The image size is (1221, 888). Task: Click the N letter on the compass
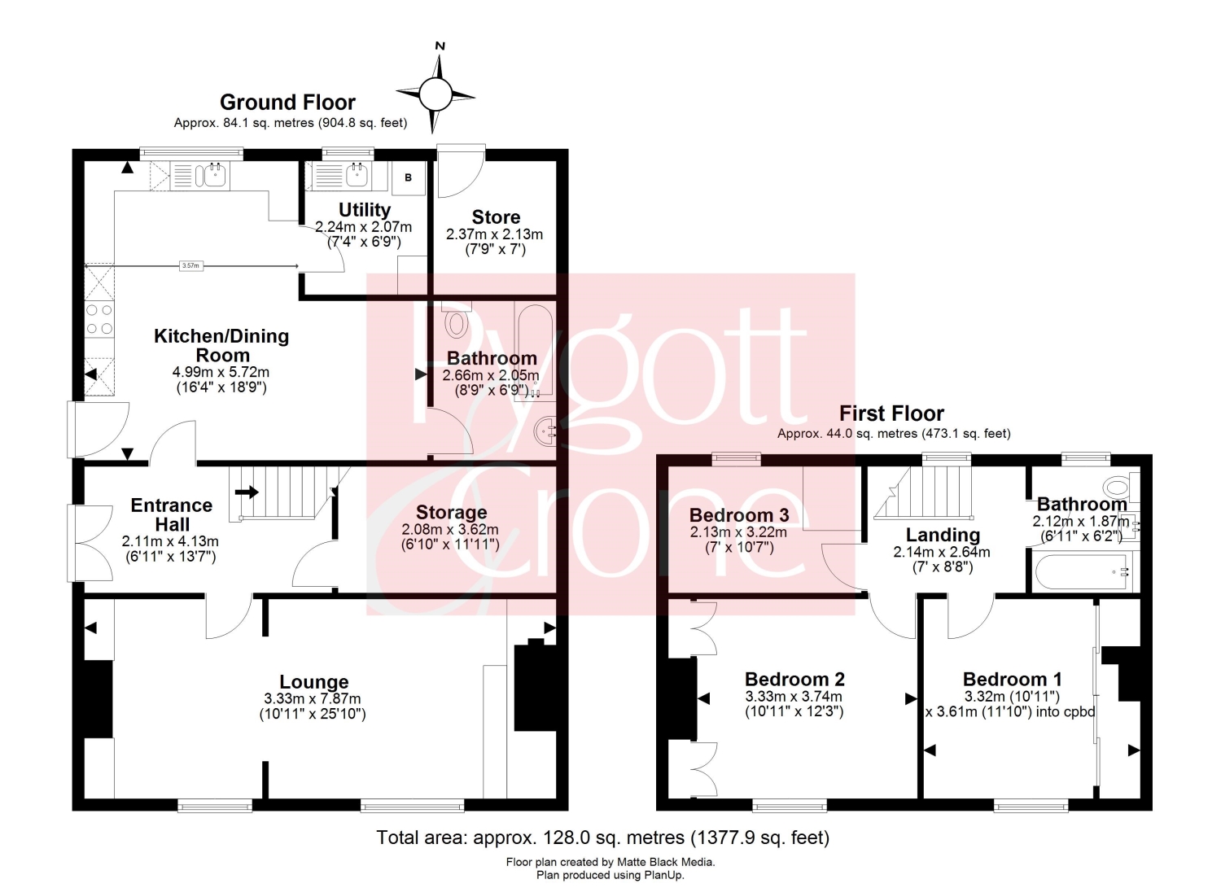click(440, 46)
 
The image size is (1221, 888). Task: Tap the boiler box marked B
click(409, 177)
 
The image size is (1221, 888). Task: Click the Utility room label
click(364, 210)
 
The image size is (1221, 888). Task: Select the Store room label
click(496, 217)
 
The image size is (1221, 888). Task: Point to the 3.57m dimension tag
click(190, 266)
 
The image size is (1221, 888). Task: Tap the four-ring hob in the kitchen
click(99, 319)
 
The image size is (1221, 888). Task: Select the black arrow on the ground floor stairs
click(247, 492)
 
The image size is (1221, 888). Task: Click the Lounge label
click(314, 682)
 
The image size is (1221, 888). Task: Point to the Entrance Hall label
click(172, 514)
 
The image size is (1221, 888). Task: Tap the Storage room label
click(451, 513)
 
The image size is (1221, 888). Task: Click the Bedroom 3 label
click(739, 514)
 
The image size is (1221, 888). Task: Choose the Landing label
click(943, 535)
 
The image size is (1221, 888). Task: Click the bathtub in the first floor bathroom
click(1082, 572)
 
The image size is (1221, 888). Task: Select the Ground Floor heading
click(287, 103)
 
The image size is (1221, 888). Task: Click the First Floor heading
click(891, 413)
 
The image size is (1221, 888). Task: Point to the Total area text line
click(603, 837)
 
